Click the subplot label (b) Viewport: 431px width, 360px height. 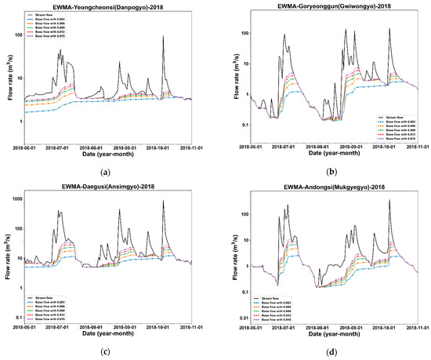coord(325,170)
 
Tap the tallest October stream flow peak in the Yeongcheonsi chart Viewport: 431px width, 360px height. coord(163,36)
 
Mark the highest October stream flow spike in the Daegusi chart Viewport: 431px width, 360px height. coord(163,202)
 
